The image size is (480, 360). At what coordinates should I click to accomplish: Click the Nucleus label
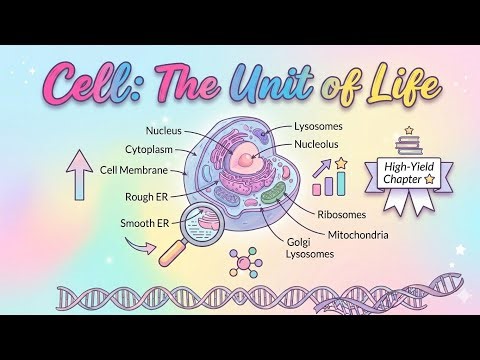click(164, 130)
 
